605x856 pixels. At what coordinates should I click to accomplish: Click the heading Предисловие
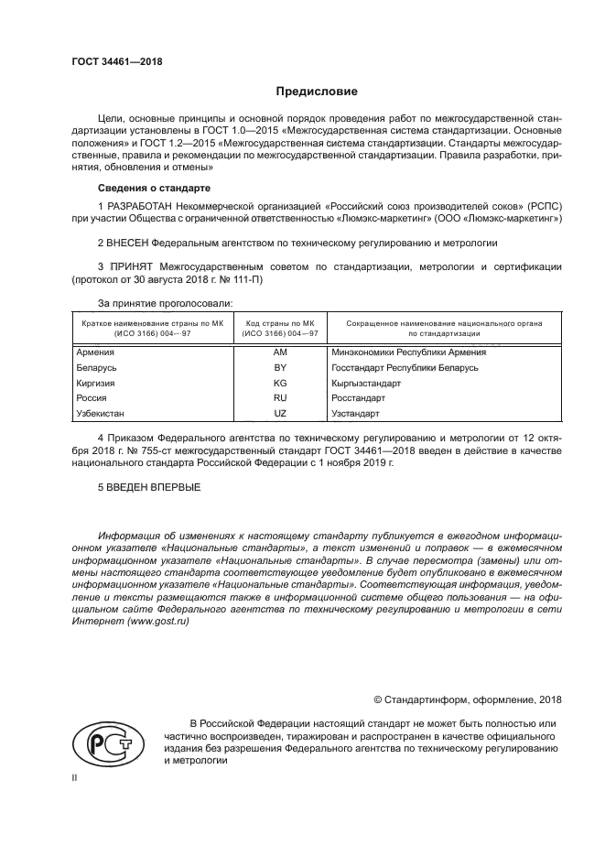click(x=317, y=92)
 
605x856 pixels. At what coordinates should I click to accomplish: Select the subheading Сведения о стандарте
click(x=154, y=188)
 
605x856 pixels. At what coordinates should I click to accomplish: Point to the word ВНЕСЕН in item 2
click(x=126, y=243)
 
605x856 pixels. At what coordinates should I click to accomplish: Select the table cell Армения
click(x=95, y=352)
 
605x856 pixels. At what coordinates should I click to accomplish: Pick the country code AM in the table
click(x=279, y=352)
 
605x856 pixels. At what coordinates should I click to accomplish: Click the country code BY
click(x=279, y=367)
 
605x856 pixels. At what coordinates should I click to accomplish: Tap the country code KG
click(x=279, y=383)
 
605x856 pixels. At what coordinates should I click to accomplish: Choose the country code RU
click(x=279, y=398)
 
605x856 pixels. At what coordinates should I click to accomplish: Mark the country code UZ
click(x=279, y=414)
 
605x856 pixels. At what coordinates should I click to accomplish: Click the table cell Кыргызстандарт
click(x=366, y=383)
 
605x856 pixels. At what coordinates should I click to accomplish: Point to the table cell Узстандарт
click(x=355, y=414)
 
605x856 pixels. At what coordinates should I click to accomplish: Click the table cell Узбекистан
click(x=102, y=414)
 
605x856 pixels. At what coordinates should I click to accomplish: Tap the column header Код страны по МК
click(x=279, y=323)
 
